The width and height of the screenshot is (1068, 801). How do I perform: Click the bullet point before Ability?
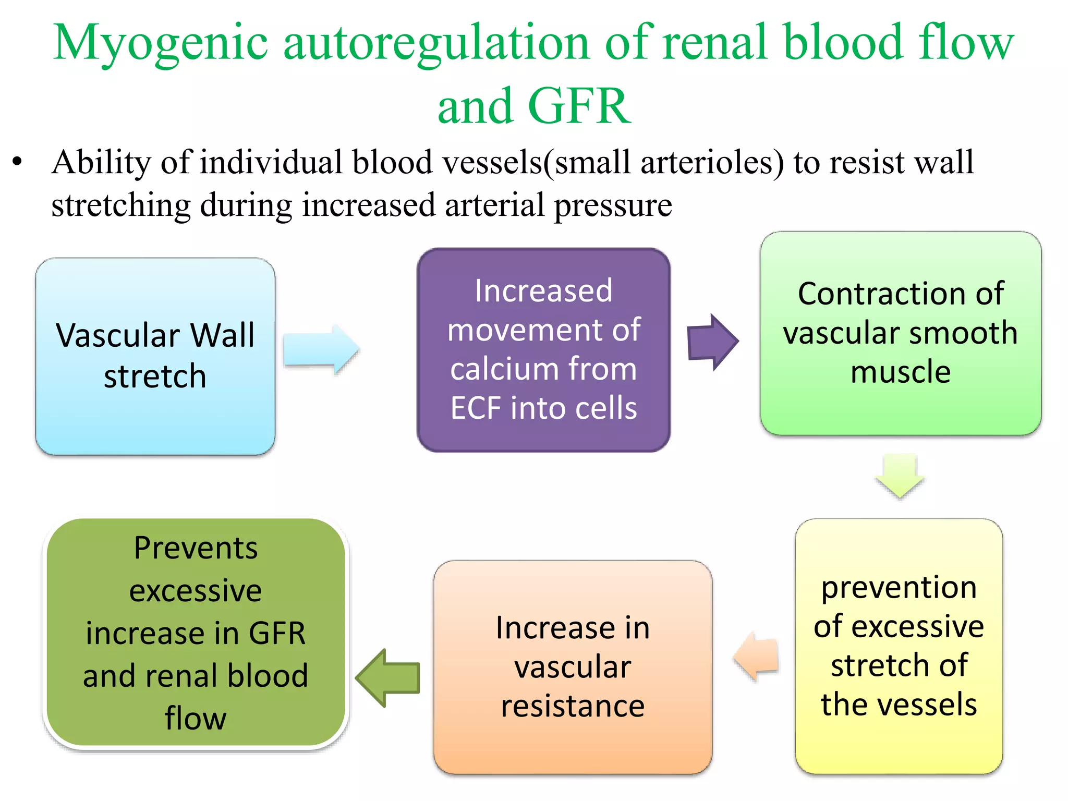pos(18,162)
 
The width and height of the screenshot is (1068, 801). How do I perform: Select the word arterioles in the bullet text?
pos(712,162)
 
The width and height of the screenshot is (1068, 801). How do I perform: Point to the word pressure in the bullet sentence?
pos(613,205)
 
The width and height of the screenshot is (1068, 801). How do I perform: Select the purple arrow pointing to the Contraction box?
pos(712,342)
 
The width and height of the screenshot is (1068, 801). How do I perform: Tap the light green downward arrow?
pos(900,475)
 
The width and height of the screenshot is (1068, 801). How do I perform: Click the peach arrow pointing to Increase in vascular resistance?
pos(757,657)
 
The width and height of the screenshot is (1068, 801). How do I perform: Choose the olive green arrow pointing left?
pos(388,678)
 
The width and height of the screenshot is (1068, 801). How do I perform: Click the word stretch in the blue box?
pos(155,377)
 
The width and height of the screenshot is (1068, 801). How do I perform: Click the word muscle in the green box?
pos(901,372)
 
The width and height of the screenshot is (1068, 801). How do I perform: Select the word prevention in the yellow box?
pos(899,588)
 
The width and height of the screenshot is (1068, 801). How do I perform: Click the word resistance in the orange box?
pos(573,707)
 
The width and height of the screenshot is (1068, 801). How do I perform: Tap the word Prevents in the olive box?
pos(196,548)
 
